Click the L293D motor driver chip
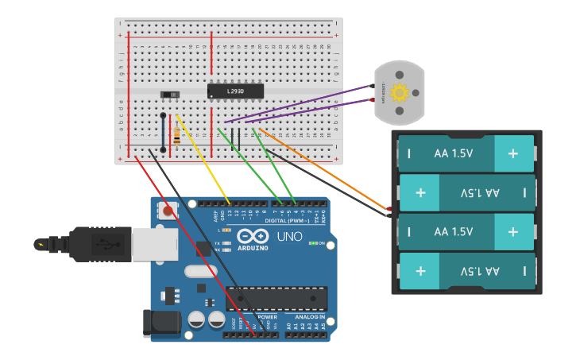pyautogui.click(x=235, y=91)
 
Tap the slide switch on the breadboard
pyautogui.click(x=170, y=95)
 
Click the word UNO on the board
pyautogui.click(x=289, y=237)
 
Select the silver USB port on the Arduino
pyautogui.click(x=153, y=244)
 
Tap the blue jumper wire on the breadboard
pyautogui.click(x=163, y=132)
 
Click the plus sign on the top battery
pyautogui.click(x=513, y=153)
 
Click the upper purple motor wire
pyautogui.click(x=302, y=103)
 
